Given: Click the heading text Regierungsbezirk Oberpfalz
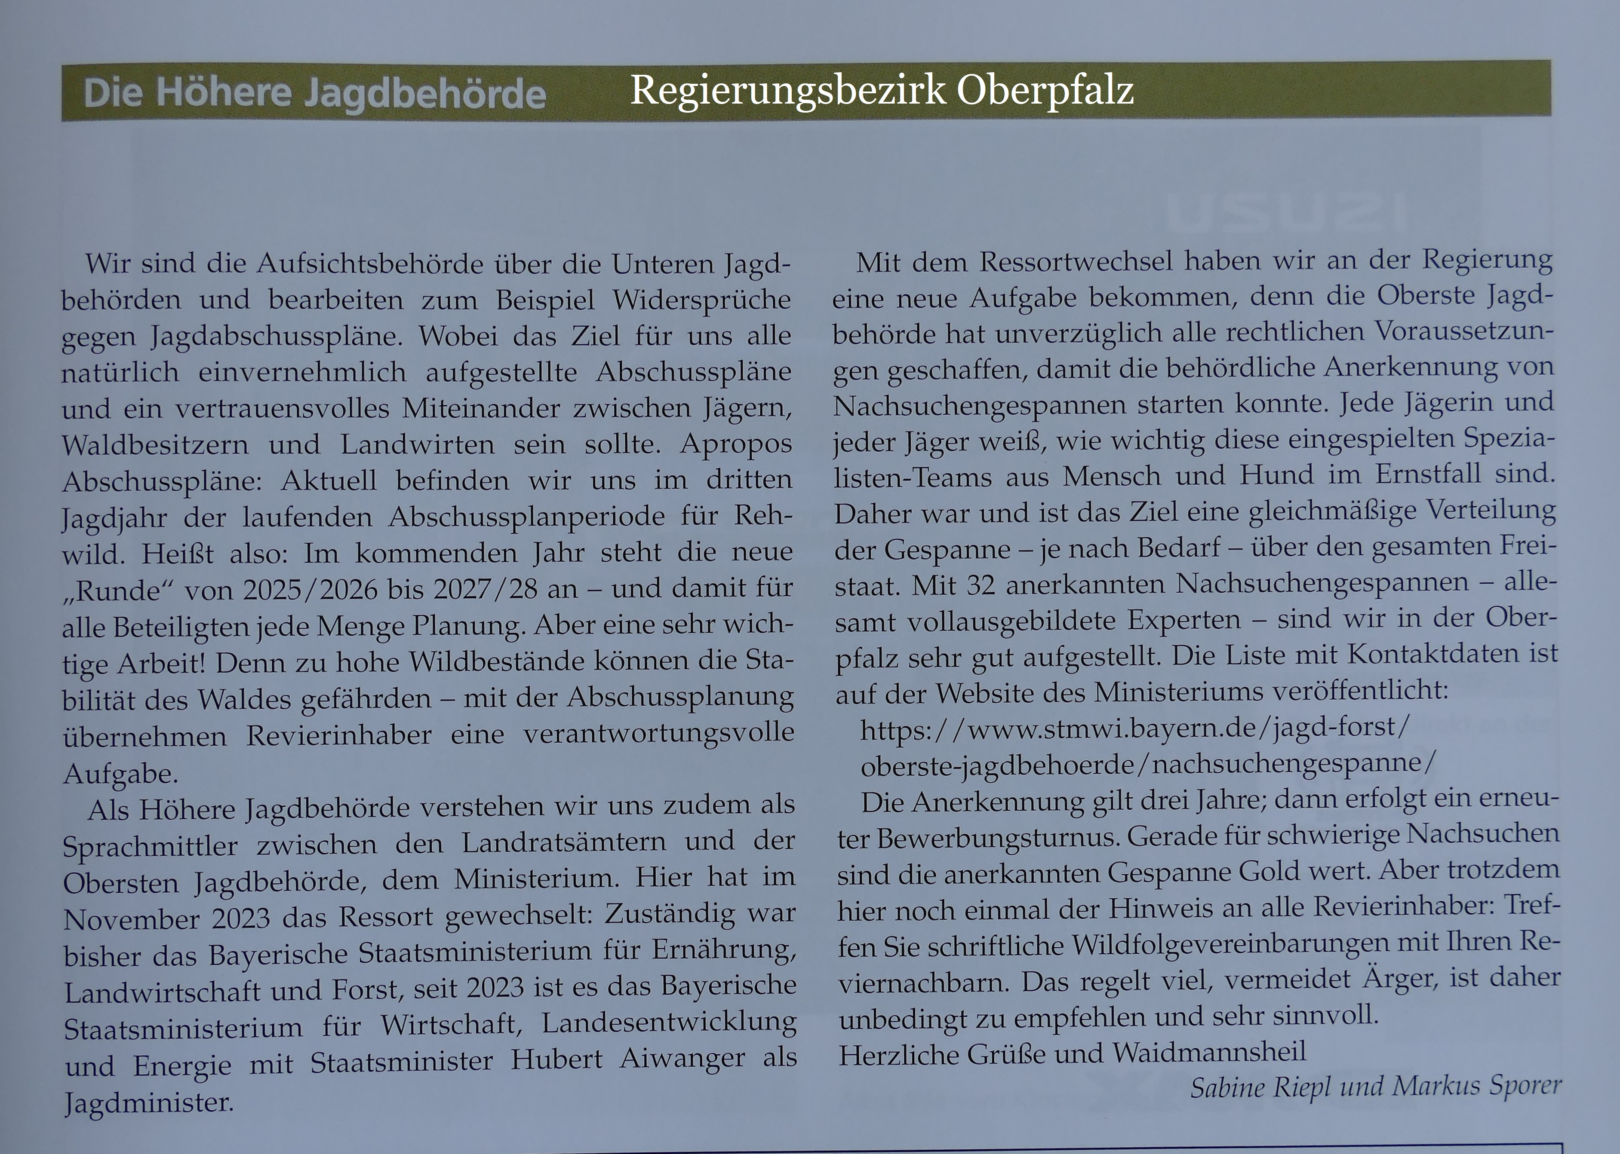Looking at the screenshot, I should (882, 90).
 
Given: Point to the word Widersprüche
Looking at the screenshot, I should (701, 300).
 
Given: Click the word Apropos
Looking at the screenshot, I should (736, 444).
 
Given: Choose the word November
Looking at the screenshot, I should (132, 919).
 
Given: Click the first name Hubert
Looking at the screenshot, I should (556, 1060).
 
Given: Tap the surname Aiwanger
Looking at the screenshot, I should (682, 1059).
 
